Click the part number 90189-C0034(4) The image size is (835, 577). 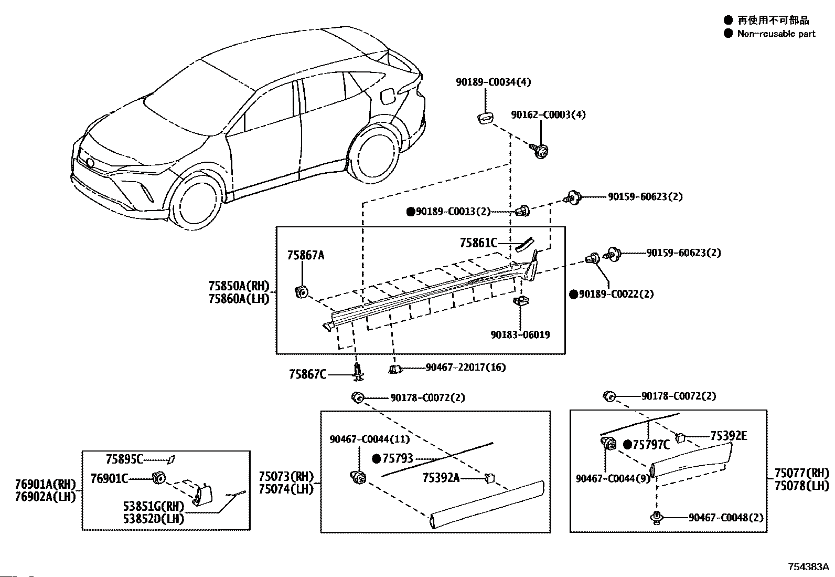pyautogui.click(x=493, y=82)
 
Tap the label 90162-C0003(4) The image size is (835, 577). pyautogui.click(x=548, y=114)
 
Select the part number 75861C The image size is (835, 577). pyautogui.click(x=479, y=243)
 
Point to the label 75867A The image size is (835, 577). pyautogui.click(x=306, y=255)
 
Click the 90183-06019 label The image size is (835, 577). pyautogui.click(x=520, y=334)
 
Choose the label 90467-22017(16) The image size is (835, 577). pyautogui.click(x=466, y=367)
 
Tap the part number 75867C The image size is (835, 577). pyautogui.click(x=307, y=374)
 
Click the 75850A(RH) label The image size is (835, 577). pyautogui.click(x=239, y=286)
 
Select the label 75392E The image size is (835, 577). pyautogui.click(x=729, y=436)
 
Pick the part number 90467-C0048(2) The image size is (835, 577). pyautogui.click(x=726, y=518)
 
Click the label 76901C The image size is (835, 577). pyautogui.click(x=109, y=478)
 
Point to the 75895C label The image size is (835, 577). pyautogui.click(x=124, y=459)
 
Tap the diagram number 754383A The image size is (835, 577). pyautogui.click(x=808, y=566)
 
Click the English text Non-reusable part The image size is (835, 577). pyautogui.click(x=776, y=34)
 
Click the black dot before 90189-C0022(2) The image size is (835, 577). pyautogui.click(x=574, y=294)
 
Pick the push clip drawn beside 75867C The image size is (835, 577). pyautogui.click(x=358, y=372)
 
